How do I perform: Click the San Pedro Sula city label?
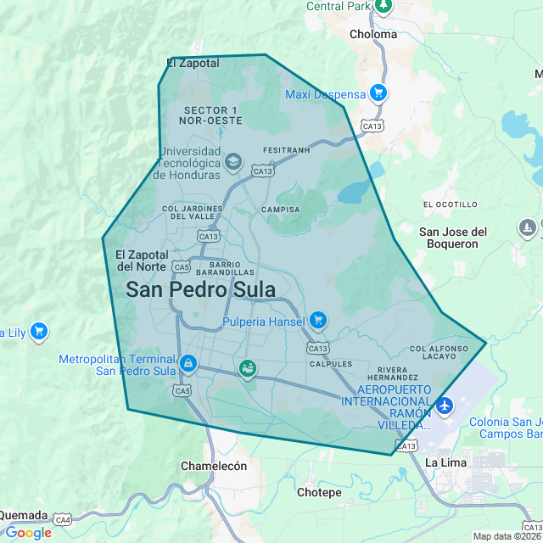(200, 289)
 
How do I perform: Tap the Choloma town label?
(372, 35)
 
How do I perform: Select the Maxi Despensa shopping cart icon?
(378, 93)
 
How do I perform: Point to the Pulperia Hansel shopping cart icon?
(318, 320)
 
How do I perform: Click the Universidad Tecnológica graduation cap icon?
(233, 161)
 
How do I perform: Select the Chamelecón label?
(214, 466)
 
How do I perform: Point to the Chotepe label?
(319, 492)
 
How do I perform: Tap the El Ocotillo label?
(451, 204)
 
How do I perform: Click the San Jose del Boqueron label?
(454, 238)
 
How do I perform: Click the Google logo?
(28, 533)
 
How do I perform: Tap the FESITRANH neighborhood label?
(287, 150)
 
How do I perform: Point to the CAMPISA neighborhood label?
(281, 210)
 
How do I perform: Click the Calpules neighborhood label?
(331, 364)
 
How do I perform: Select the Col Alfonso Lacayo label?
(438, 353)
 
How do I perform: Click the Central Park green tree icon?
(383, 6)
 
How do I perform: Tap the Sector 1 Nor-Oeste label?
(210, 115)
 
